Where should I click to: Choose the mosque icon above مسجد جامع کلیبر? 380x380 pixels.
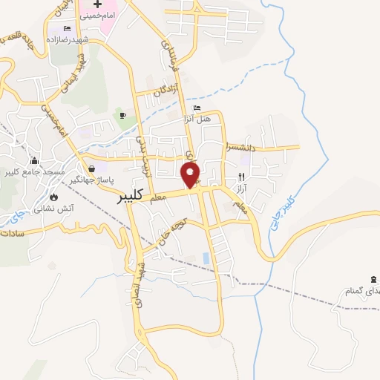click(33, 161)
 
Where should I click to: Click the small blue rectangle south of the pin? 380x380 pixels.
click(206, 258)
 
